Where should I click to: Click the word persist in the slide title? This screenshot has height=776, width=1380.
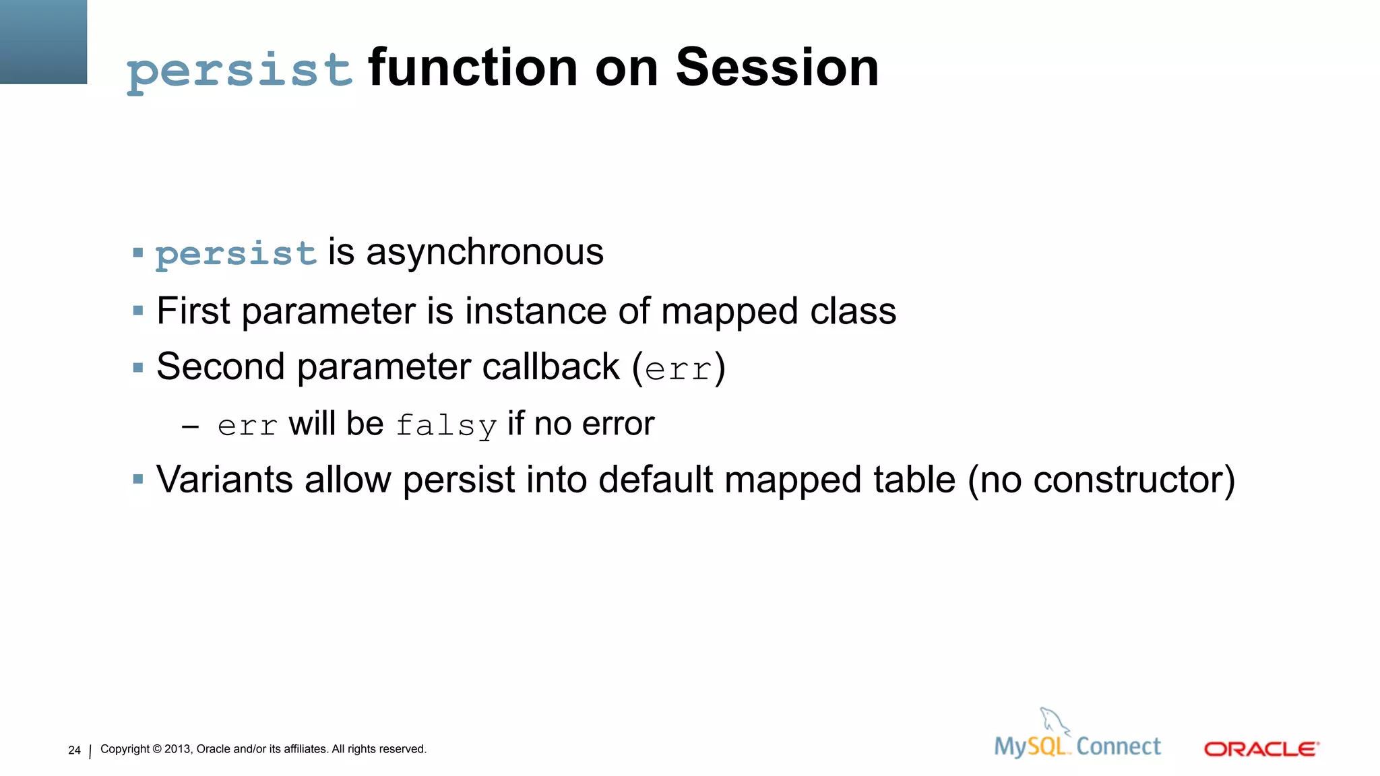(x=239, y=70)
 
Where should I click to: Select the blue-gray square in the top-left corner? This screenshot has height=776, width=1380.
(x=43, y=42)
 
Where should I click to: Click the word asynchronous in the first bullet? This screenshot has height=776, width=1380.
(x=484, y=252)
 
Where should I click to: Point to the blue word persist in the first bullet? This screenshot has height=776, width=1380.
(x=236, y=254)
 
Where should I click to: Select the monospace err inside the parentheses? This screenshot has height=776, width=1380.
(x=678, y=370)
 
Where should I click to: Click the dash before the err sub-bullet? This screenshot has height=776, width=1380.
(x=190, y=426)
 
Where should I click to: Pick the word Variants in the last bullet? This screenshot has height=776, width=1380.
(x=224, y=480)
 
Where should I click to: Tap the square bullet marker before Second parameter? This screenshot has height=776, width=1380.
(x=138, y=368)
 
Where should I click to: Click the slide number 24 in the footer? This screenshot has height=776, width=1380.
(x=74, y=750)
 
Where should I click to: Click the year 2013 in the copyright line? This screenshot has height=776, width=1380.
(x=178, y=749)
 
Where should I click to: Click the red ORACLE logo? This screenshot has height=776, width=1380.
(x=1261, y=749)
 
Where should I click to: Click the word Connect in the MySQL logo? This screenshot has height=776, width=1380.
(x=1119, y=746)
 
